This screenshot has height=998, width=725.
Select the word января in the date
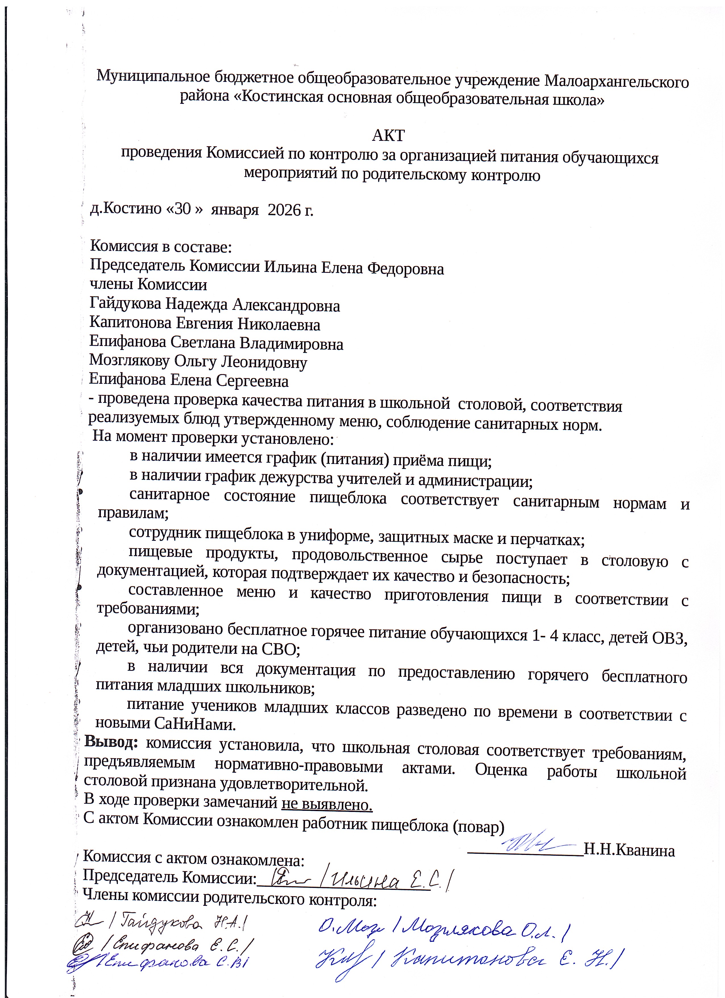[x=234, y=210]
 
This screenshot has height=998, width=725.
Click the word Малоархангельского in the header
[x=616, y=81]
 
